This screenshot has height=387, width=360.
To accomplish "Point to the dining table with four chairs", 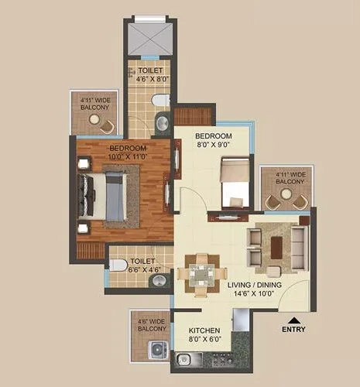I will (201, 272).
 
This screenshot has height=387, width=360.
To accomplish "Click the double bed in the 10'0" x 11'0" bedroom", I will (105, 194).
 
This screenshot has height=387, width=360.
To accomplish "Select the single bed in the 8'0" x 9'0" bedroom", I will (235, 183).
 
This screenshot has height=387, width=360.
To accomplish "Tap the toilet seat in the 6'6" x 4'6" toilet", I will (118, 265).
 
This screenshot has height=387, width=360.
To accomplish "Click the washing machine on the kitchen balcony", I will (158, 351).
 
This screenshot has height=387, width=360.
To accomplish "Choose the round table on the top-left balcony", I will (94, 119).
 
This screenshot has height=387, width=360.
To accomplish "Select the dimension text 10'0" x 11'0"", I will (125, 156).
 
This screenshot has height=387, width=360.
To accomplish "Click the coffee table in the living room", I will (276, 246).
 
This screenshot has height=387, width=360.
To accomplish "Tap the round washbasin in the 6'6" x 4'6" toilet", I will (159, 280).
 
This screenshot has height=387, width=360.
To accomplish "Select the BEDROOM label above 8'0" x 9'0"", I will (214, 135).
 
